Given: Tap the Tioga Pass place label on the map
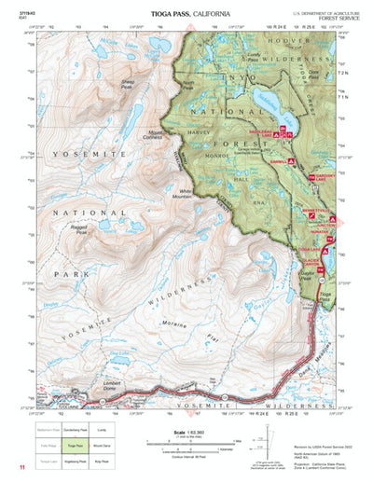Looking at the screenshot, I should [324, 296].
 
